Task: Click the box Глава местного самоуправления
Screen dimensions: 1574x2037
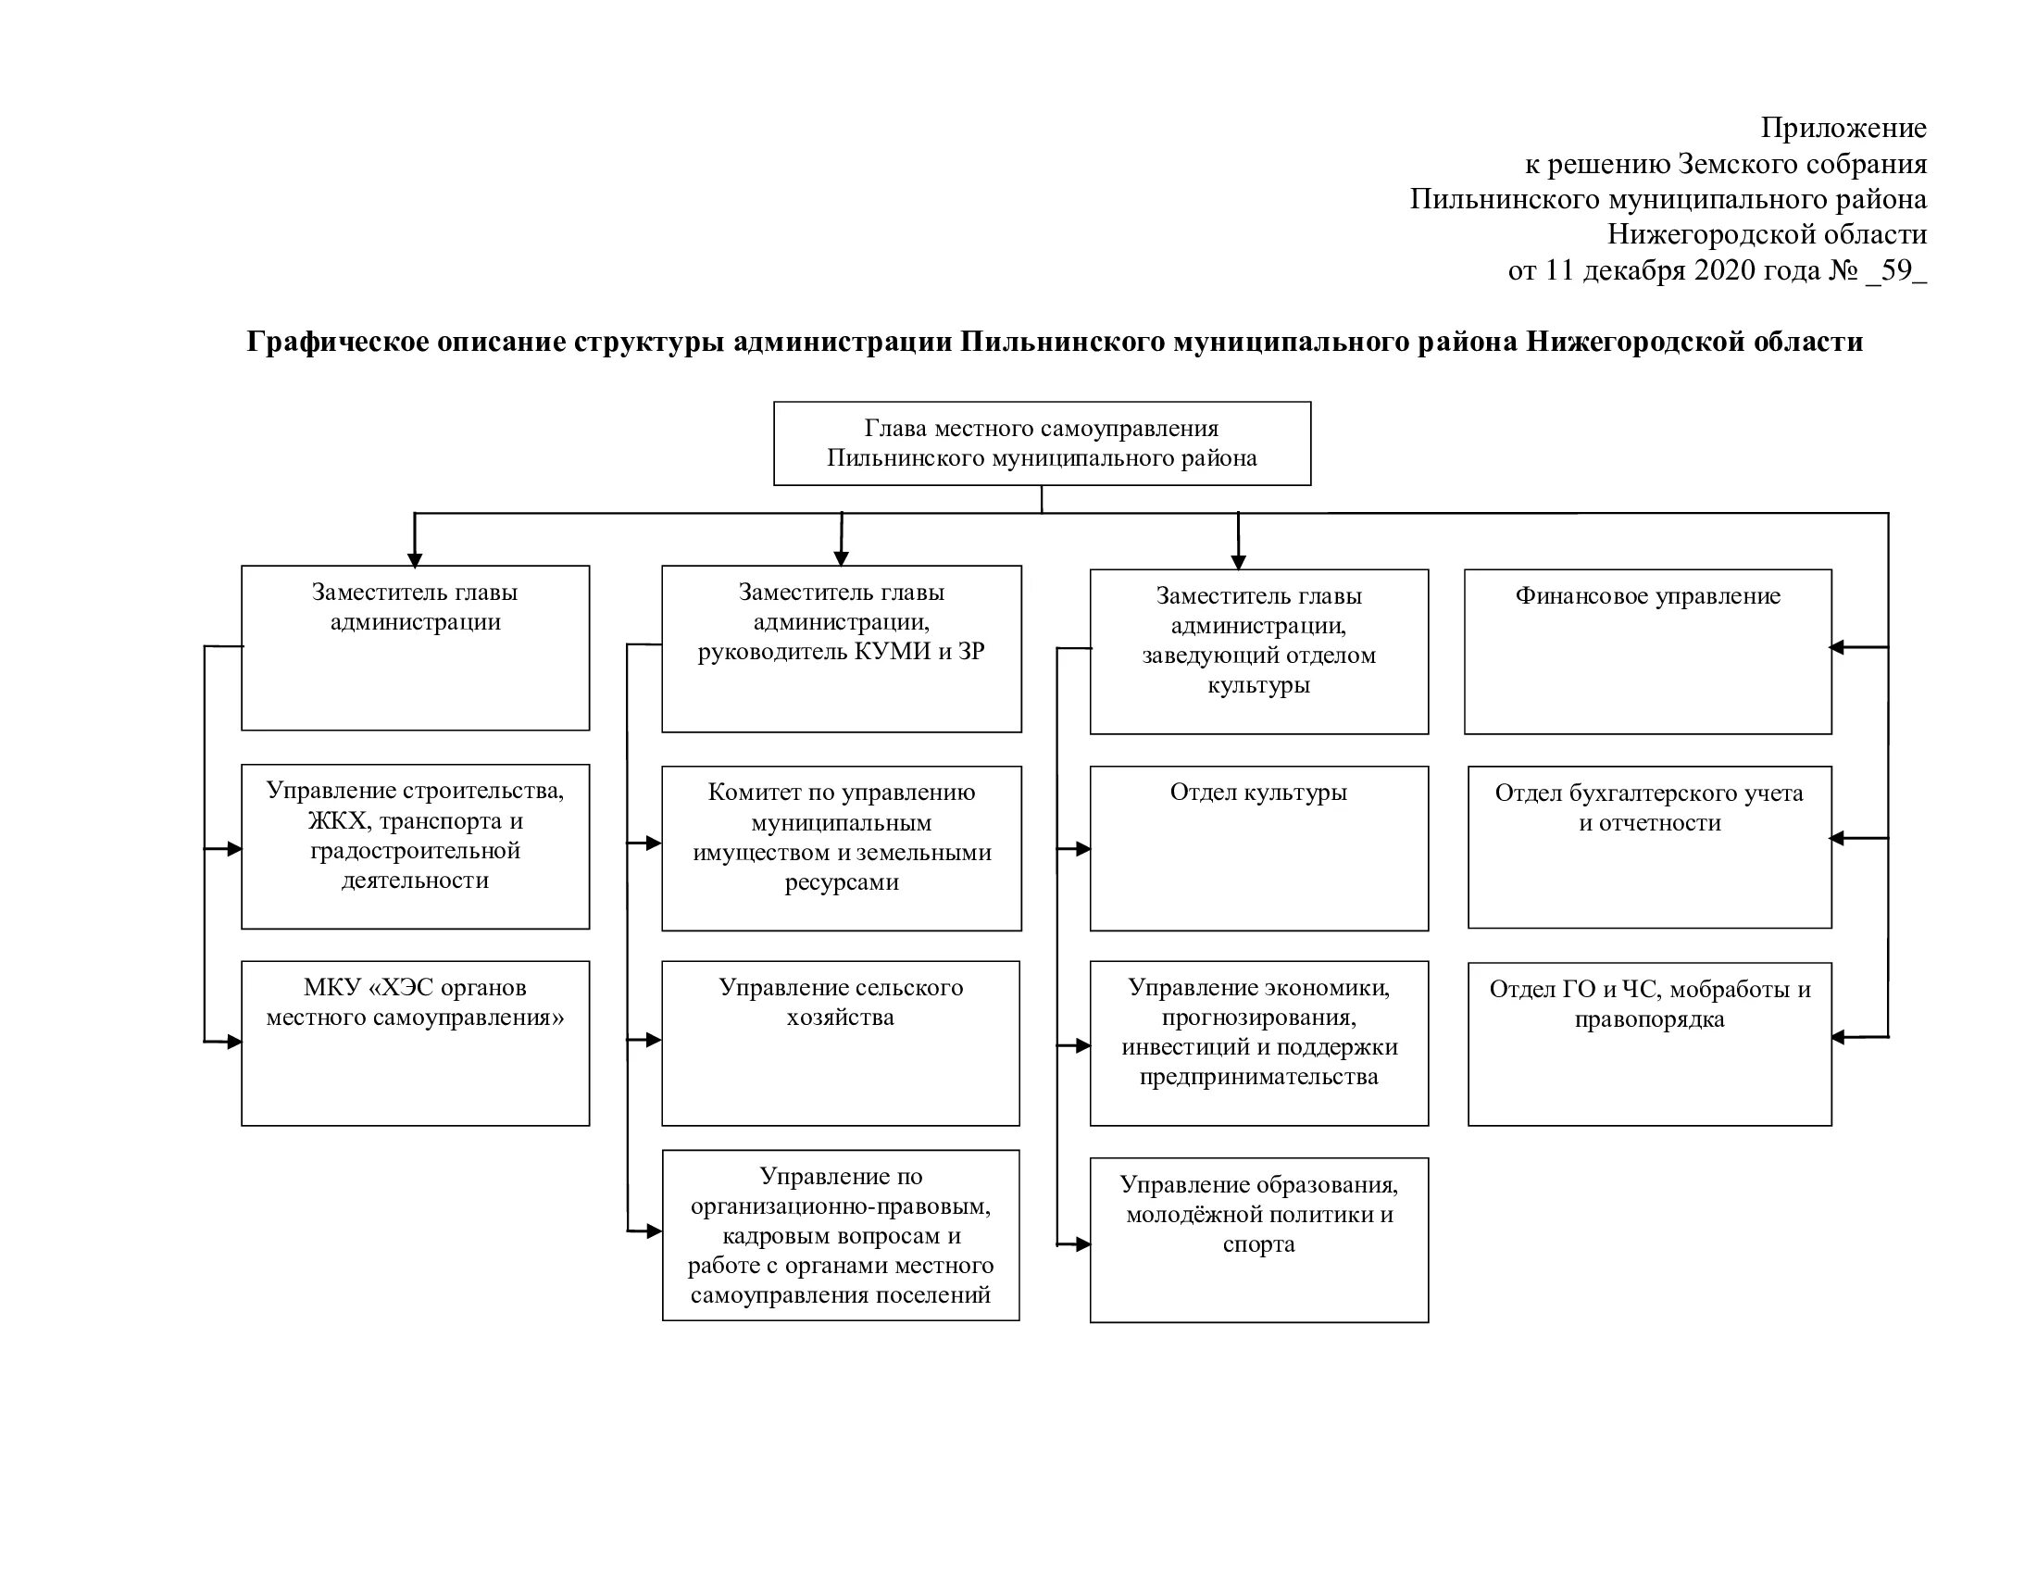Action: point(1042,443)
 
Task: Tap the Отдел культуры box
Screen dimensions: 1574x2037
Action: point(1258,847)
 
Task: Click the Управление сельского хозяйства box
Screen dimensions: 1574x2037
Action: point(841,1043)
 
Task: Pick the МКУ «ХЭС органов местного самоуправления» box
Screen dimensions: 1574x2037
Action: point(415,1043)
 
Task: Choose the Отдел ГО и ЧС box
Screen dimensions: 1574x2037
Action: point(1649,1043)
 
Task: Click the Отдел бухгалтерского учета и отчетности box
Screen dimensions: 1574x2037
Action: point(1649,846)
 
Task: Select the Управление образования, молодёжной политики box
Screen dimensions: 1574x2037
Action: point(1258,1239)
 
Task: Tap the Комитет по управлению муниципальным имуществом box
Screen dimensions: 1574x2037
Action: point(842,847)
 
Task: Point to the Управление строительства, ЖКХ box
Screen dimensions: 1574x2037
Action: point(415,845)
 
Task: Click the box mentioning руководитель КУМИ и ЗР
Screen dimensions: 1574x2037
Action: point(842,648)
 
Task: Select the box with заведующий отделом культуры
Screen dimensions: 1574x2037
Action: point(1258,651)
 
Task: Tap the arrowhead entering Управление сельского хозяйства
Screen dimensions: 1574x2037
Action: point(655,1040)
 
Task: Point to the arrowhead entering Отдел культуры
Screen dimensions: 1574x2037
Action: point(1083,848)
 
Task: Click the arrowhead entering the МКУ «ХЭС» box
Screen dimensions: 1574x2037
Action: point(234,1043)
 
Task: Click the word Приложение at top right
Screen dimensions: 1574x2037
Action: point(1843,128)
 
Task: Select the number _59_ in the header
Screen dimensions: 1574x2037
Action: point(1896,270)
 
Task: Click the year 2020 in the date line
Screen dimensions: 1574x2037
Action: point(1725,270)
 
